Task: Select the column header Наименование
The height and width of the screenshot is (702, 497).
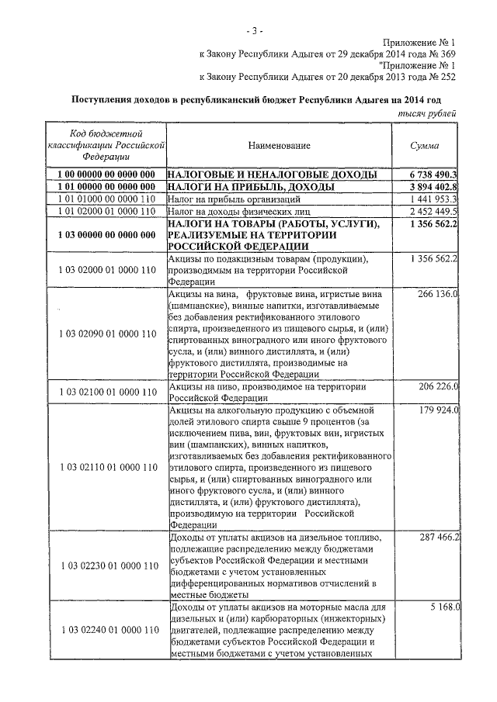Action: pos(280,146)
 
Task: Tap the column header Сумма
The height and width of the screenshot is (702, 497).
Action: pos(426,146)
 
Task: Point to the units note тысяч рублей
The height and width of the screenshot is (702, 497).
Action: pos(426,114)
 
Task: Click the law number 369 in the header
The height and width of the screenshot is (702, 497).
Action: pos(447,54)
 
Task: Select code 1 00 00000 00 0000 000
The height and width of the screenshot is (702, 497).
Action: pos(107,175)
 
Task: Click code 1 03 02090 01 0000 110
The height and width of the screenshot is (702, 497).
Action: pos(107,334)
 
